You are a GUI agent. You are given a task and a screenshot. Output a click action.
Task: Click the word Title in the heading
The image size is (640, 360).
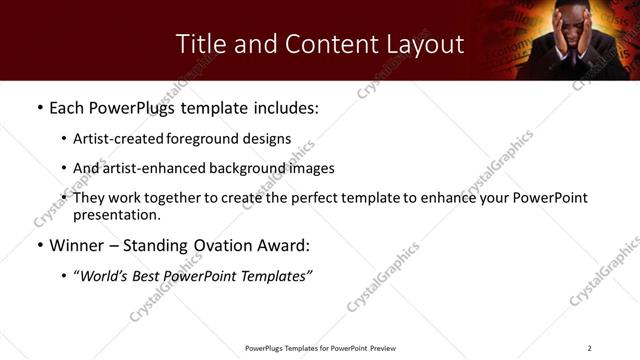pyautogui.click(x=199, y=44)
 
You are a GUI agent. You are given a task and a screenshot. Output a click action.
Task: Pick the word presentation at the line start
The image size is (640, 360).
pyautogui.click(x=116, y=214)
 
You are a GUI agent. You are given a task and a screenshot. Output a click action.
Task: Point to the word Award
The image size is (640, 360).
pyautogui.click(x=286, y=245)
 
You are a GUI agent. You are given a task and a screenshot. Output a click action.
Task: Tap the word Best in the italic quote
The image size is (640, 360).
pyautogui.click(x=150, y=275)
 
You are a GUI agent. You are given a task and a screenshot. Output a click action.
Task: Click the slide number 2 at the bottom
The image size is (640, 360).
pyautogui.click(x=589, y=347)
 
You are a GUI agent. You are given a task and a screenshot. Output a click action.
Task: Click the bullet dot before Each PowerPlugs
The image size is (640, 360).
pyautogui.click(x=39, y=108)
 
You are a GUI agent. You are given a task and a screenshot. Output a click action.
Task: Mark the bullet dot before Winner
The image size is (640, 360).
pyautogui.click(x=39, y=246)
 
